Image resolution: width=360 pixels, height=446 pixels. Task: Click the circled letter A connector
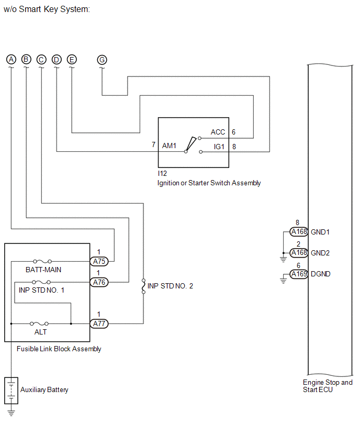(x=11, y=60)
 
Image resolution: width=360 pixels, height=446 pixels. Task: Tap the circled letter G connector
(x=102, y=60)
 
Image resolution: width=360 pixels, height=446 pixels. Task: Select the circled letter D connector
(x=57, y=60)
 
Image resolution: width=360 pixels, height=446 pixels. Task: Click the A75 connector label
(x=99, y=261)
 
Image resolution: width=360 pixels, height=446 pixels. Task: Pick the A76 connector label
(x=99, y=282)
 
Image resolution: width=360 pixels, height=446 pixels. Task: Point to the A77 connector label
(x=99, y=324)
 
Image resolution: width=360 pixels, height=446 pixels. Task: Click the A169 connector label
(x=299, y=274)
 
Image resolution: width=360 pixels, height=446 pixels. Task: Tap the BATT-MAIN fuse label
(x=43, y=270)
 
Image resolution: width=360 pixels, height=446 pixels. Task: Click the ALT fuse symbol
(x=39, y=324)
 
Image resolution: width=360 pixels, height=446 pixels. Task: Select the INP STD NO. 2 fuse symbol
(x=143, y=286)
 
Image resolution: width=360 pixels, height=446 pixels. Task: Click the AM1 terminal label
(x=169, y=146)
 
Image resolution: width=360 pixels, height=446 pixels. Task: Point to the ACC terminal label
(x=218, y=132)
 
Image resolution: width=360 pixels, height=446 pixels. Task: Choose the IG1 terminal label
(x=219, y=147)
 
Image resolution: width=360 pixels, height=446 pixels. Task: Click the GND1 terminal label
(x=320, y=232)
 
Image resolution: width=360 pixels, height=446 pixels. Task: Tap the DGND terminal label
(x=320, y=274)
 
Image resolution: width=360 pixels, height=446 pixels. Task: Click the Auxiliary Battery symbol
(x=11, y=391)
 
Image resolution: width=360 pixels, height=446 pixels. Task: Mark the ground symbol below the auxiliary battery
(x=11, y=413)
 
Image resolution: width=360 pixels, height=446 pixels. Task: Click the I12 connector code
(x=162, y=173)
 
